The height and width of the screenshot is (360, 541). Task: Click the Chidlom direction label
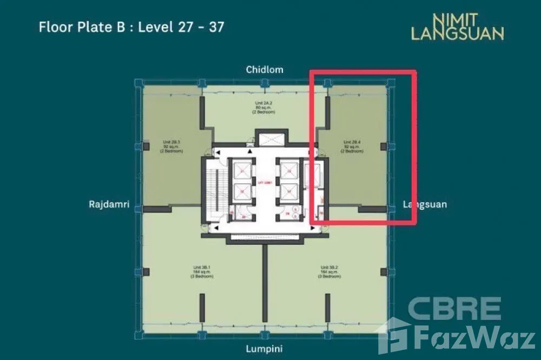(265, 70)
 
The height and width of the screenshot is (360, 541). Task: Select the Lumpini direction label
(265, 349)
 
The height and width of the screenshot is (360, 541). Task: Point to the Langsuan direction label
(425, 205)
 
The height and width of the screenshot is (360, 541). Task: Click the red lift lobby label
(265, 182)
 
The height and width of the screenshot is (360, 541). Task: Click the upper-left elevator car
(241, 170)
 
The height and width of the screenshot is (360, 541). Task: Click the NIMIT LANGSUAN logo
(457, 27)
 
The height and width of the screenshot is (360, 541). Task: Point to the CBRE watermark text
(454, 308)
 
